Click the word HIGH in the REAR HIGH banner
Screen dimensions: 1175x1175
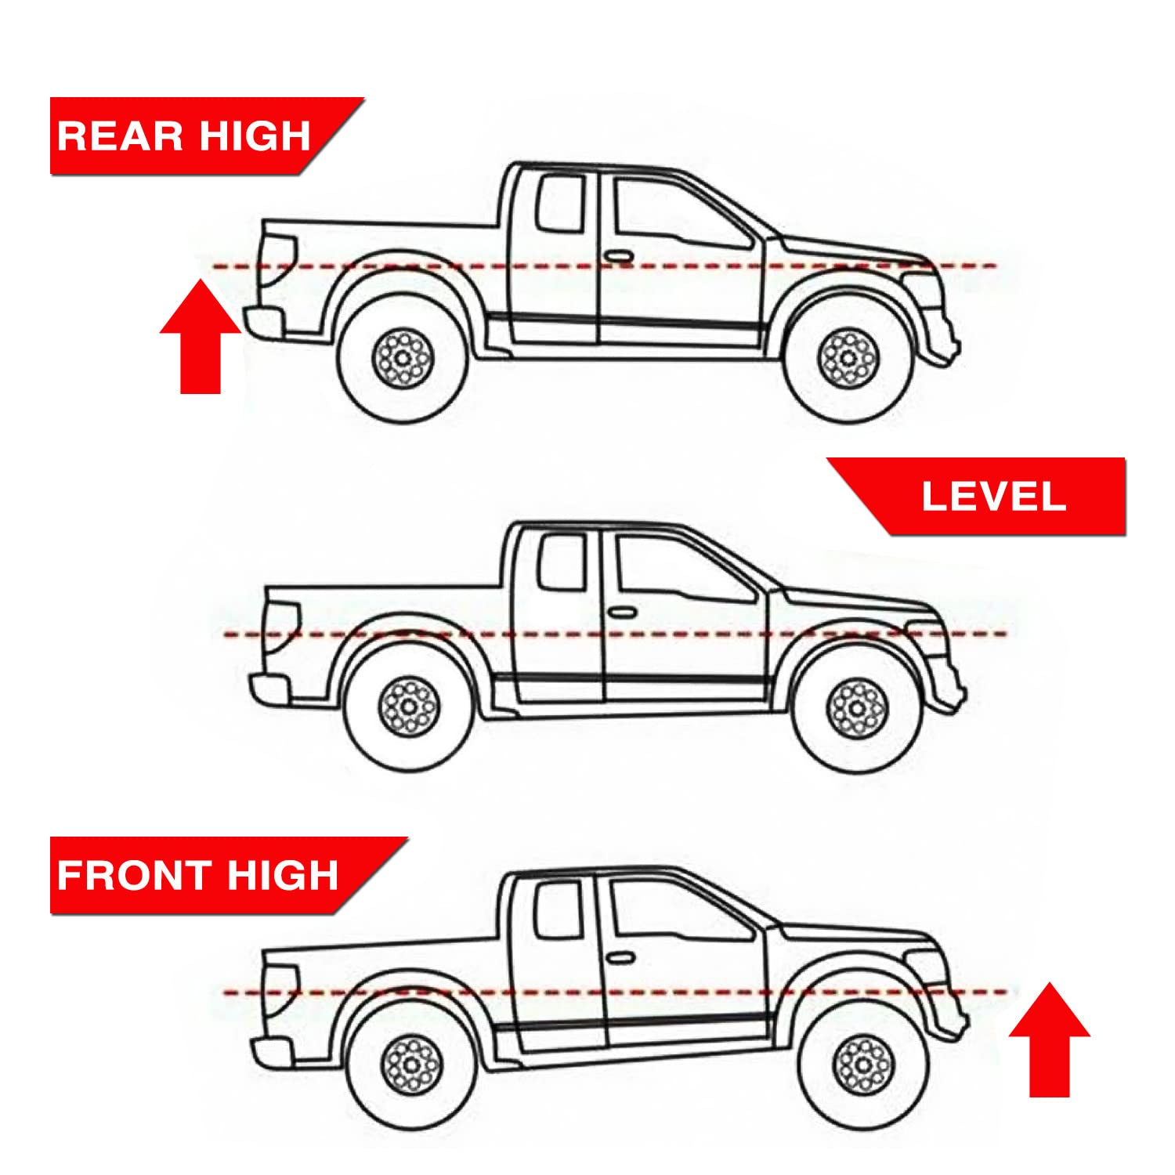[255, 136]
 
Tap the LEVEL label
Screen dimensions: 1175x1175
[993, 497]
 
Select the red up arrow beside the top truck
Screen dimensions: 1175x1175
[201, 337]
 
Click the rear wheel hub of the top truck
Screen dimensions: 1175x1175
[403, 358]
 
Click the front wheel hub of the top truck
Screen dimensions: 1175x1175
[848, 358]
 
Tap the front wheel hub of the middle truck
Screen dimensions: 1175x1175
[857, 708]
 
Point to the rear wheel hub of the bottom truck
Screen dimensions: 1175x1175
[412, 1064]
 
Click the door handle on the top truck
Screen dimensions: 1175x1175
[617, 256]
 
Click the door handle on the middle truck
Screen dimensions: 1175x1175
[622, 612]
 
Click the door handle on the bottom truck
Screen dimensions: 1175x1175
[620, 958]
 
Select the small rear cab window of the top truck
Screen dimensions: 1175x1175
[560, 204]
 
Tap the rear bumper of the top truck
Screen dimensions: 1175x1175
[263, 321]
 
